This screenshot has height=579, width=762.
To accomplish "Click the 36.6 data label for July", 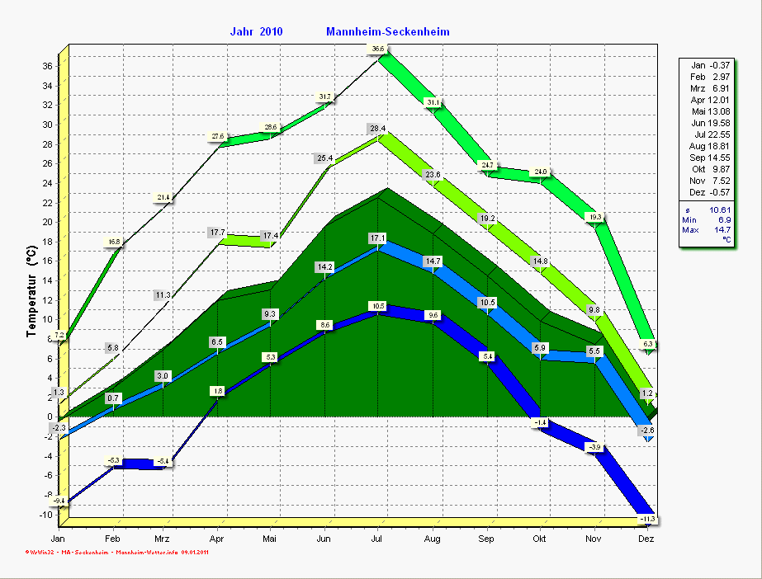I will pos(378,49).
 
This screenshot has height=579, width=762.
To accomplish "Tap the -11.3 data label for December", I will pos(648,518).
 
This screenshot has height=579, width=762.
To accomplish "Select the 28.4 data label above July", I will pos(378,129).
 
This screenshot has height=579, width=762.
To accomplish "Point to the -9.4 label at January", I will pos(59,500).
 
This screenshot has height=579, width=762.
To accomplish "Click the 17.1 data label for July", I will pos(378,238).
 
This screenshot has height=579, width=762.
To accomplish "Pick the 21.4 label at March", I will pos(163,197).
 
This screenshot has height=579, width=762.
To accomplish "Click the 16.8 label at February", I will pos(114,242).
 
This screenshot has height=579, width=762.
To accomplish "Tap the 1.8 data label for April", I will pos(218,390).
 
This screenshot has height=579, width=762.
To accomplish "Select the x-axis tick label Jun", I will pos(324,539).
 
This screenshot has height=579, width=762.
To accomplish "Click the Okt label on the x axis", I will pos(539,539).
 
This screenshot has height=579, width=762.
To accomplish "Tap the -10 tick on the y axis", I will pos(45,514).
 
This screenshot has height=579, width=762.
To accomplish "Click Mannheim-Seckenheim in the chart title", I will pos(388,32).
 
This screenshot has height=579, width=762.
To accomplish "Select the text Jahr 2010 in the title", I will pos(257,32).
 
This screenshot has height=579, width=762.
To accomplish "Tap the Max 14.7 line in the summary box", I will pos(707,229).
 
